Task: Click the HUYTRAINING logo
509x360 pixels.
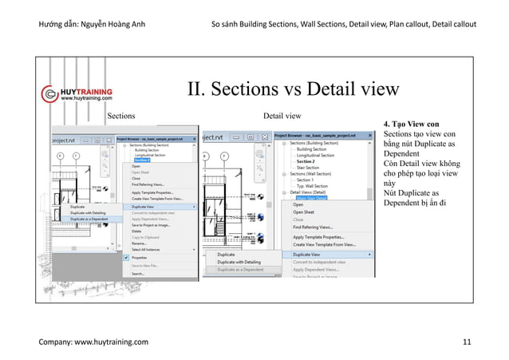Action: click(x=77, y=94)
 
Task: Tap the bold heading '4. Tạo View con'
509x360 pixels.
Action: click(x=412, y=125)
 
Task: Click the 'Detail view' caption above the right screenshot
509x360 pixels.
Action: click(x=283, y=116)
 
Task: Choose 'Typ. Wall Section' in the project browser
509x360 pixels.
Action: click(x=318, y=185)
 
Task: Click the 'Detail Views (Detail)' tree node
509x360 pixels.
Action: click(x=317, y=192)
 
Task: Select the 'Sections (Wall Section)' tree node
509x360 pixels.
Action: click(x=322, y=175)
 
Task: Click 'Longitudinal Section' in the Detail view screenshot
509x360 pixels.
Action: click(x=319, y=155)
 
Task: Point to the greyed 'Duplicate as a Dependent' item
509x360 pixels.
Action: click(x=244, y=269)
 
